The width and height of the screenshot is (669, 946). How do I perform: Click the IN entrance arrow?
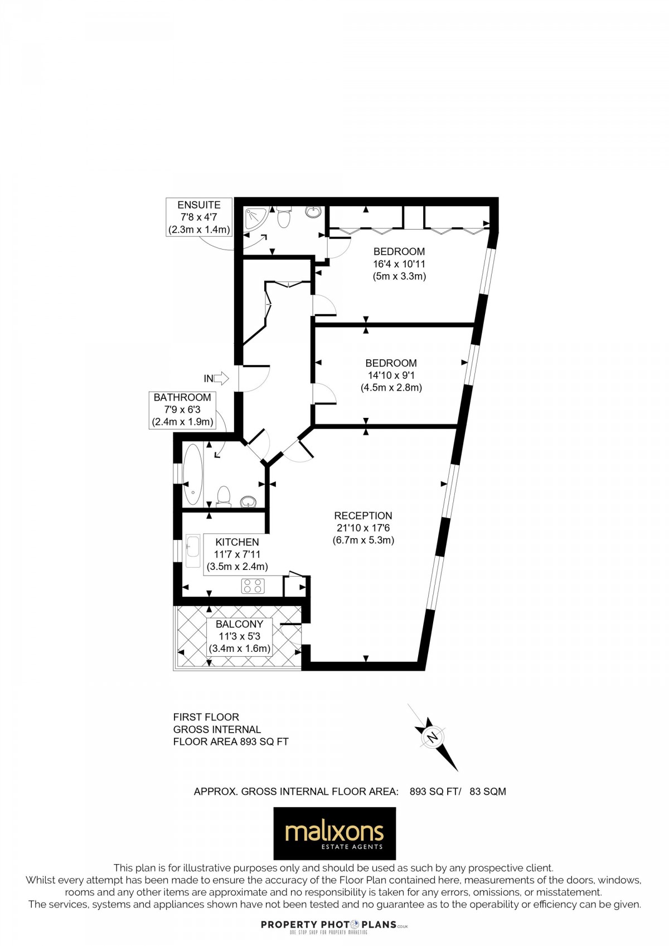click(221, 379)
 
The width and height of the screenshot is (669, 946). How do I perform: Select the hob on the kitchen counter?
click(253, 586)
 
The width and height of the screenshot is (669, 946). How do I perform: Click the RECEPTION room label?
click(363, 516)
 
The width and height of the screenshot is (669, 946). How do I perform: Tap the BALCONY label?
click(239, 624)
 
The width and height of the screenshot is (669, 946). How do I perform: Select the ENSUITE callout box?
click(199, 217)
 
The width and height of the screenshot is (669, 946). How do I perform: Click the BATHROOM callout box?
click(182, 409)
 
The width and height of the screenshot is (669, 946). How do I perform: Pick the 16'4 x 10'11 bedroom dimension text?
click(399, 264)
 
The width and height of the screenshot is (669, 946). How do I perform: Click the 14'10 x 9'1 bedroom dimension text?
click(391, 376)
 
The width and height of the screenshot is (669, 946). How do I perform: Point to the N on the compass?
click(432, 737)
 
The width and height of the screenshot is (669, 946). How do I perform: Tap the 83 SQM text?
click(488, 791)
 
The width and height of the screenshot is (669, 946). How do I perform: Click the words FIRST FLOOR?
click(206, 717)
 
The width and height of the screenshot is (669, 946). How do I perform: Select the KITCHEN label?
click(237, 542)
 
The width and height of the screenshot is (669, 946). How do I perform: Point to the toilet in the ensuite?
click(284, 218)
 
